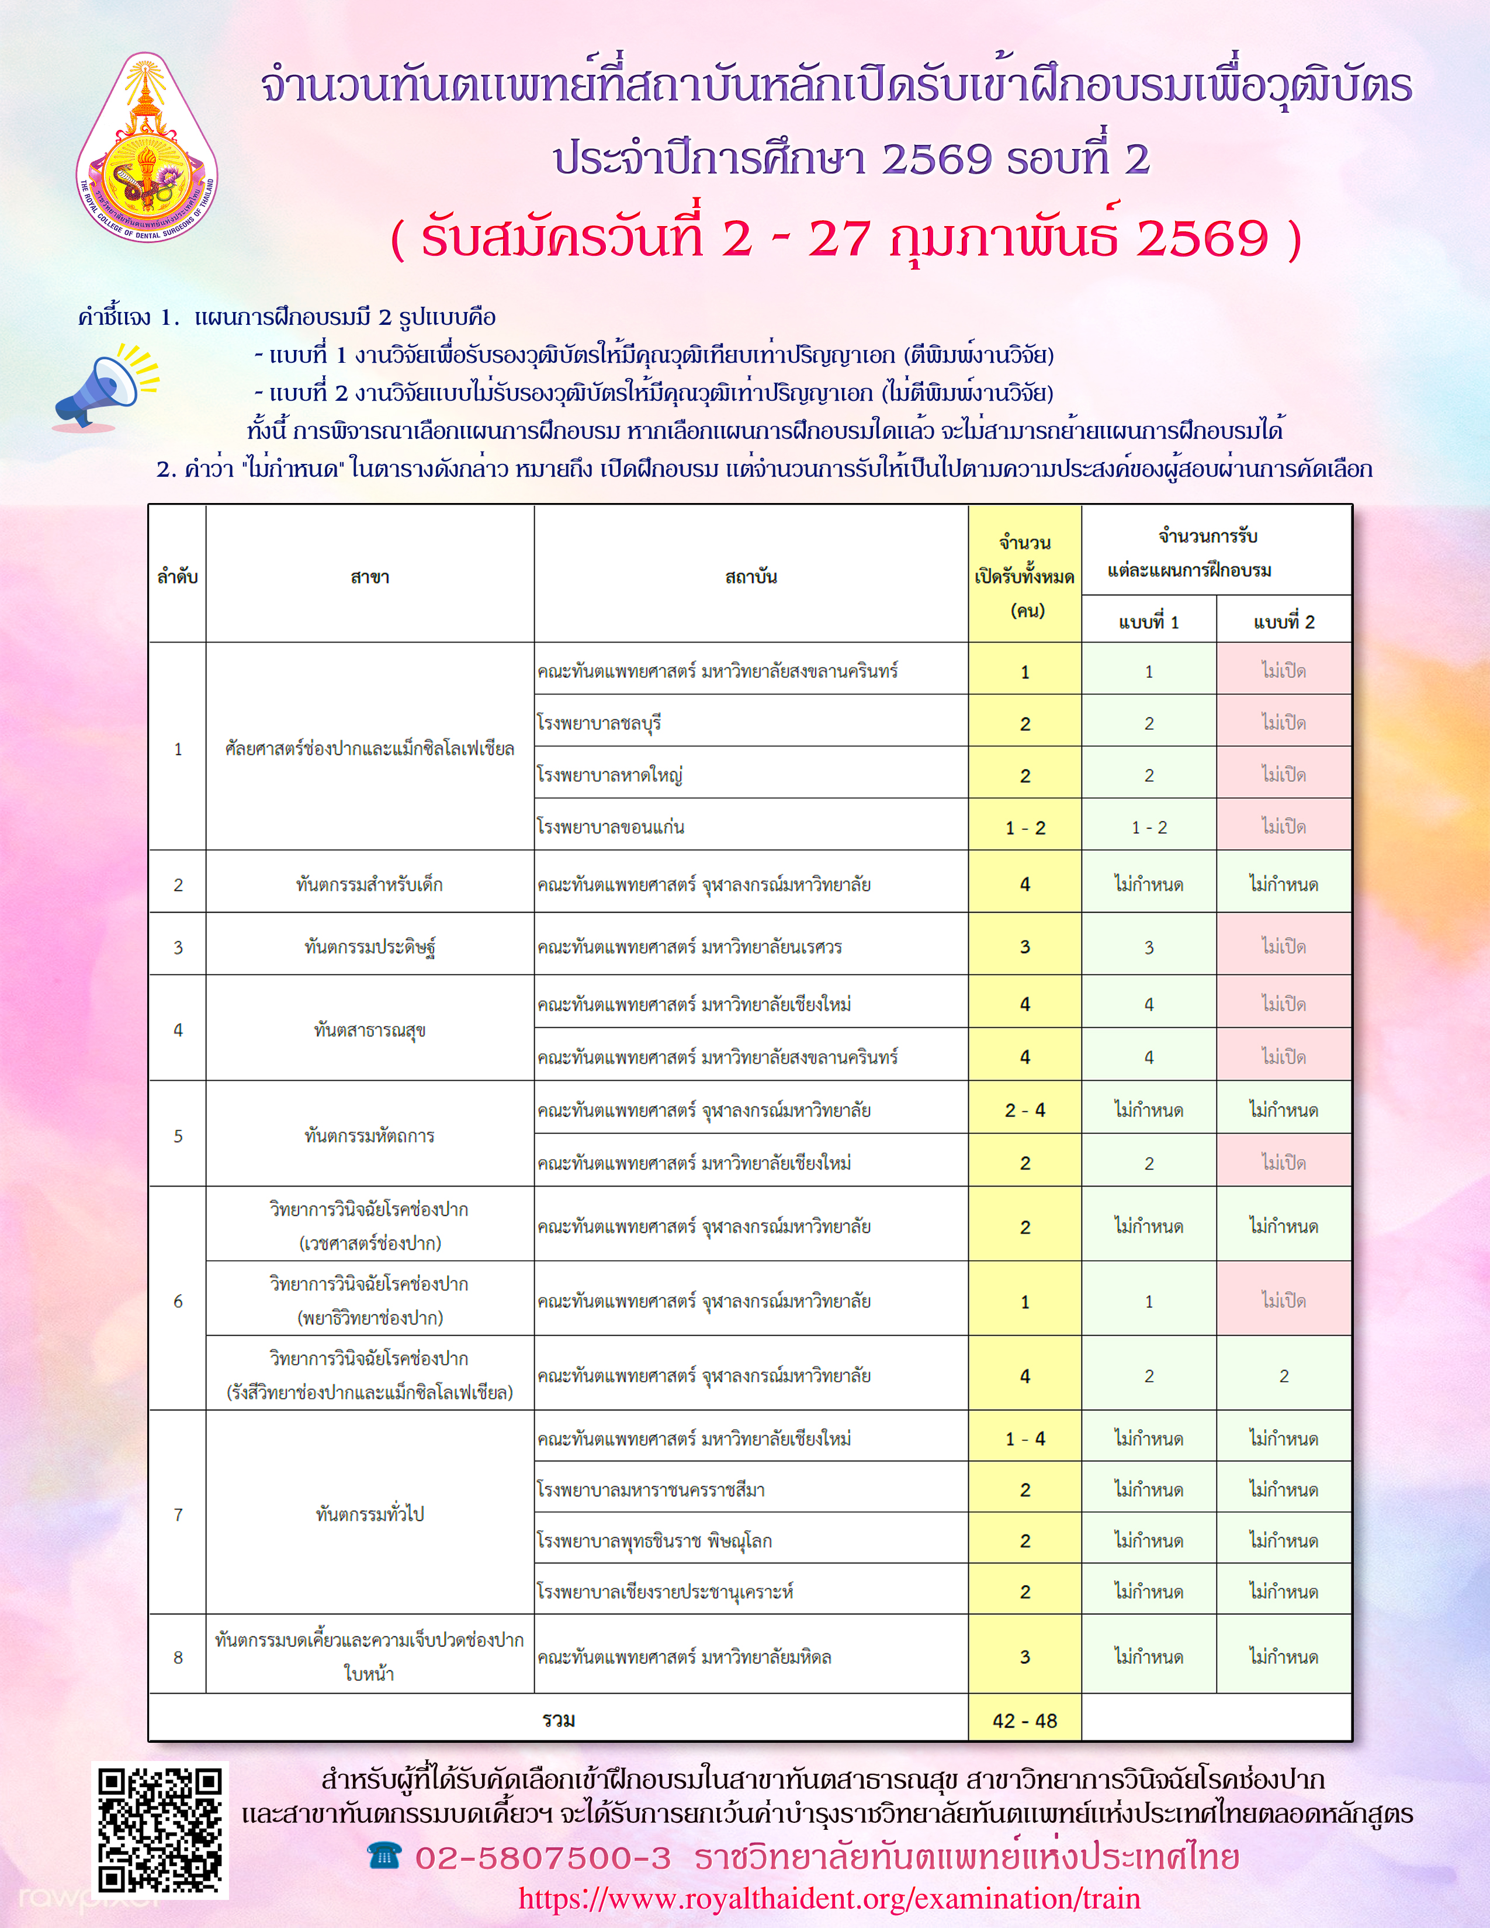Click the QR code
coord(160,1830)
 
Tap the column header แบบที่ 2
coord(1284,622)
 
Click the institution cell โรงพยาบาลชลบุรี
coord(600,723)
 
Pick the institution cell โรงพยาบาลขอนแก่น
coord(611,827)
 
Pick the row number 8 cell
coord(178,1657)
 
